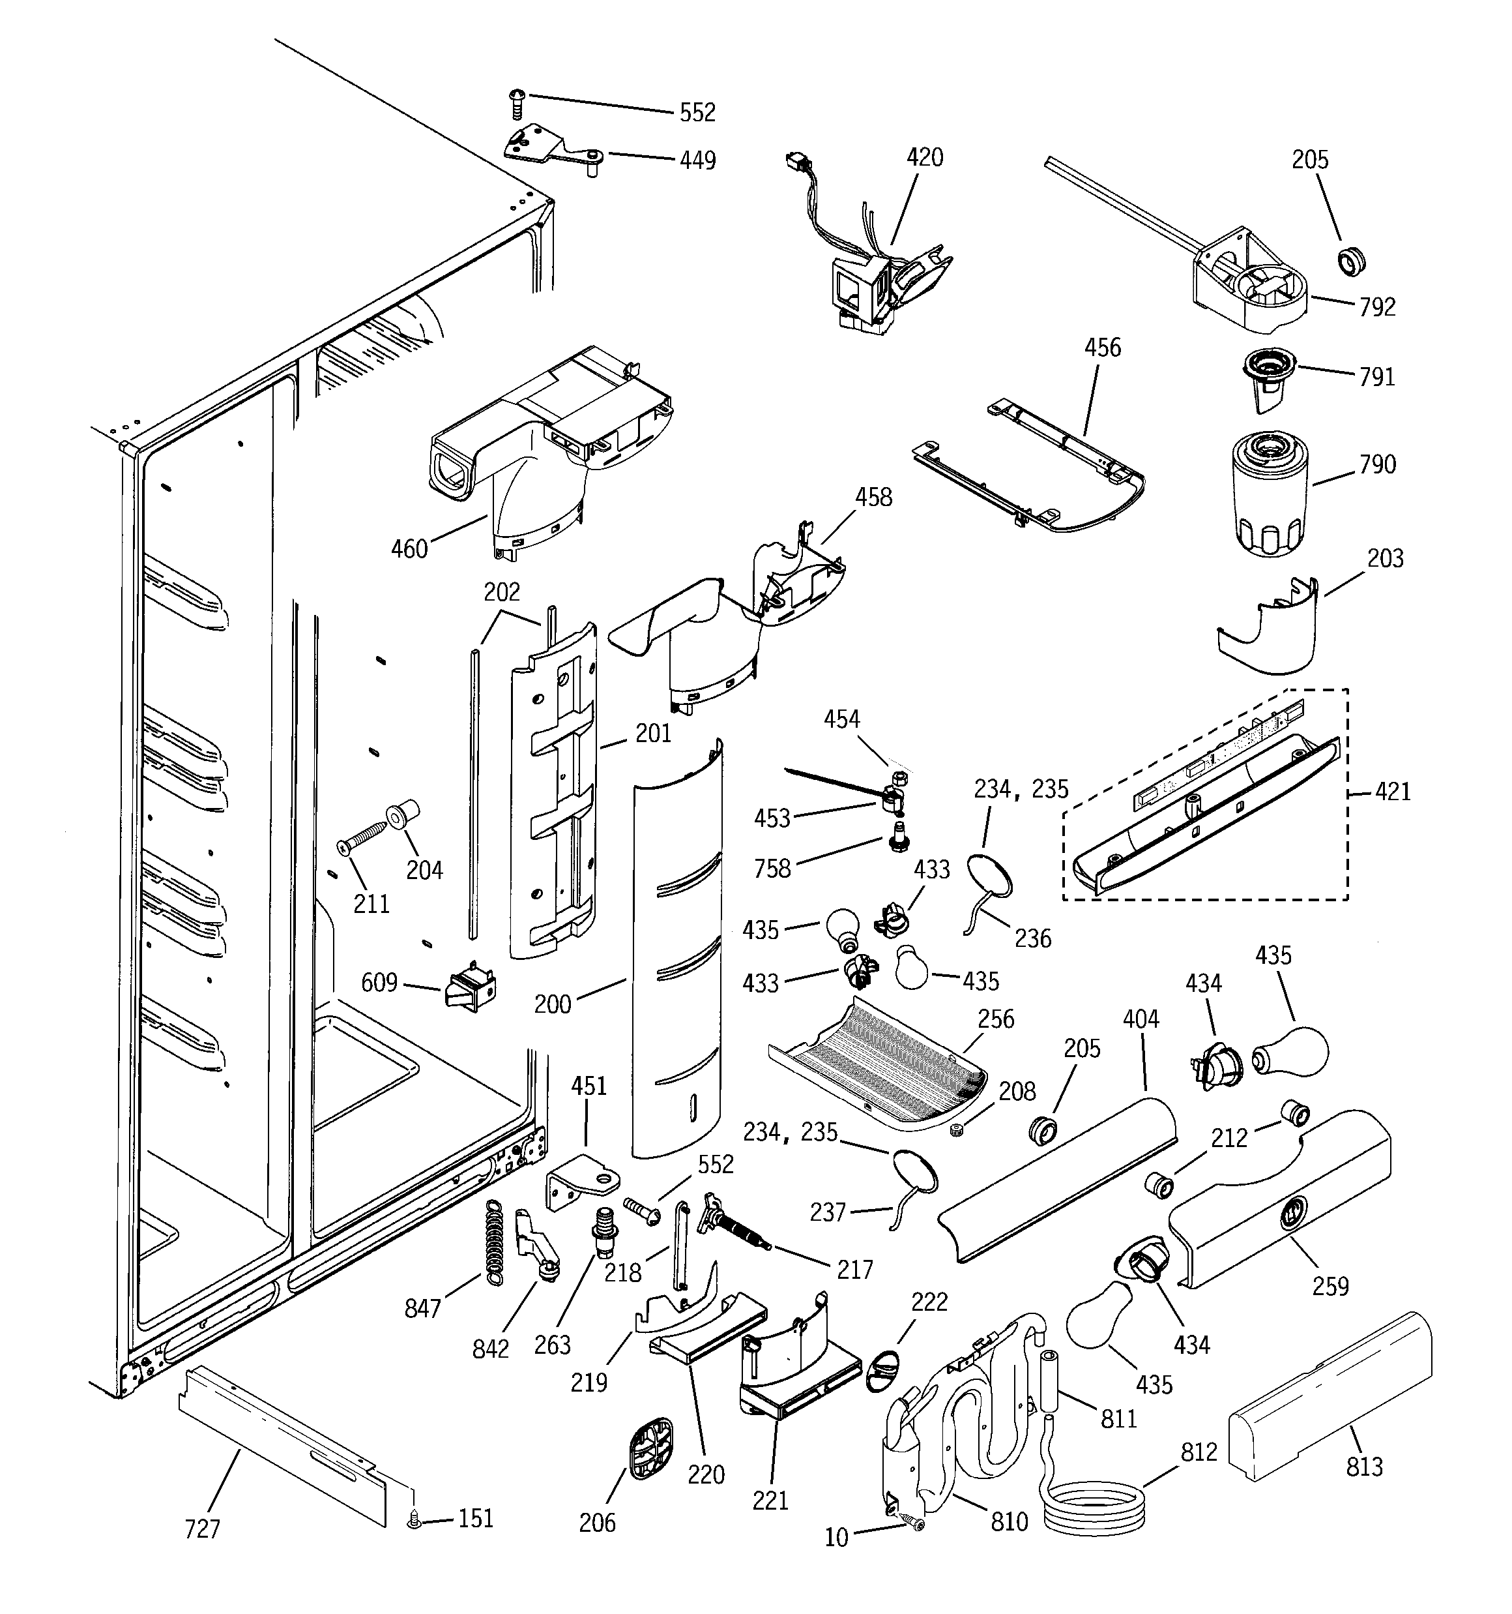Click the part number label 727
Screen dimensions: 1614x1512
tap(202, 1528)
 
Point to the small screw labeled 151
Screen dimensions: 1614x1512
tap(414, 1519)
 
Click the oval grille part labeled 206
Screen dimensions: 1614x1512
tap(650, 1444)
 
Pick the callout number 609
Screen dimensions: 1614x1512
tap(379, 983)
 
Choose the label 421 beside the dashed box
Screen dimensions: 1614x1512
tap(1393, 791)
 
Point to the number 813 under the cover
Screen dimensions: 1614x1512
tap(1364, 1466)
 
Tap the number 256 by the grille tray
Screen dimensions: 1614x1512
tap(996, 1018)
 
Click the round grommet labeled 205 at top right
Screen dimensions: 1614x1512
tap(1351, 262)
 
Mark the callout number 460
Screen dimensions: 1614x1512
tap(409, 549)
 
